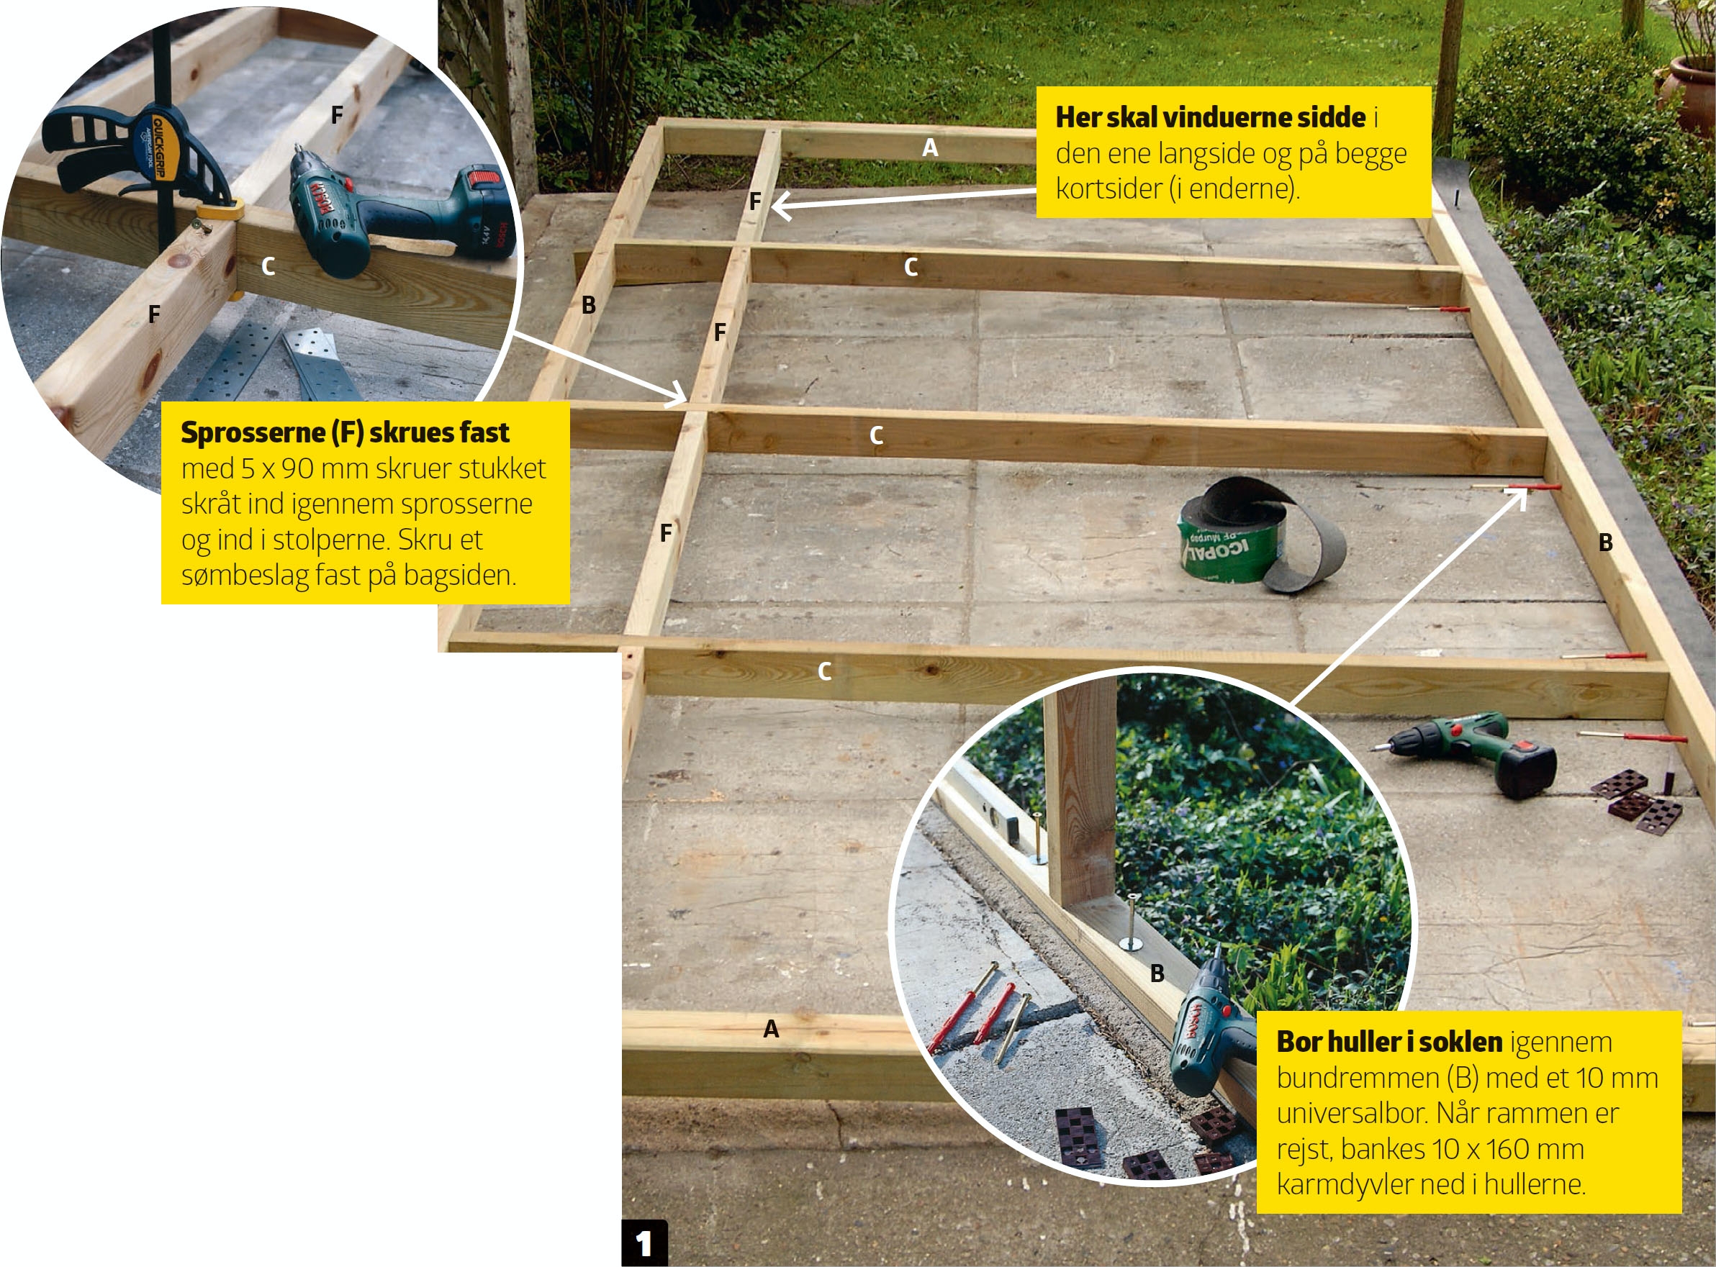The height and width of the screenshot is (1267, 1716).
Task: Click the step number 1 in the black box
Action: point(644,1243)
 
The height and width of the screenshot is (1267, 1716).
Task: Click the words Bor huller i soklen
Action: point(1389,1042)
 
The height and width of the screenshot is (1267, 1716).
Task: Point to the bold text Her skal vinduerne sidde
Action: point(1211,117)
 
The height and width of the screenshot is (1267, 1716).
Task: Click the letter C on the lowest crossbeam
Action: point(825,671)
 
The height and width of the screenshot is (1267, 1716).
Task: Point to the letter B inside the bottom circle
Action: point(1157,973)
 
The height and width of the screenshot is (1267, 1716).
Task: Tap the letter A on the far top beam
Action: point(930,147)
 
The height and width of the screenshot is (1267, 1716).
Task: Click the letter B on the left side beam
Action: point(588,305)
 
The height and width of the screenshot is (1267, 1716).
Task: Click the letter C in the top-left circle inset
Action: point(268,267)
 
